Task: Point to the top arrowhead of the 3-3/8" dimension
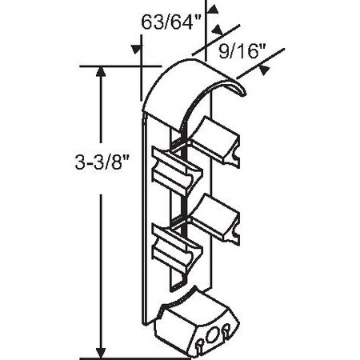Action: point(100,74)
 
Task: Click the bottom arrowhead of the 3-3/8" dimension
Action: point(100,350)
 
